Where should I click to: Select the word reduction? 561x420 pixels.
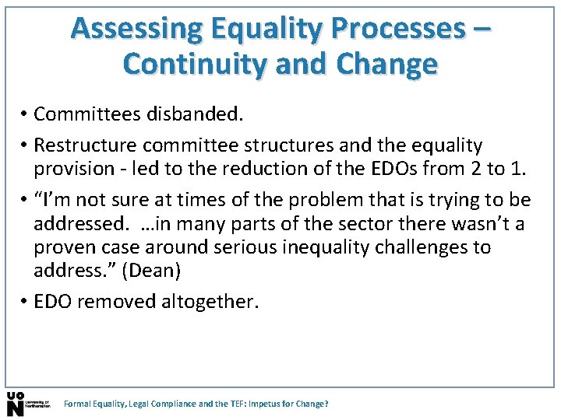pos(282,168)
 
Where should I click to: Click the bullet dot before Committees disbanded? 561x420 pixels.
pos(25,115)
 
